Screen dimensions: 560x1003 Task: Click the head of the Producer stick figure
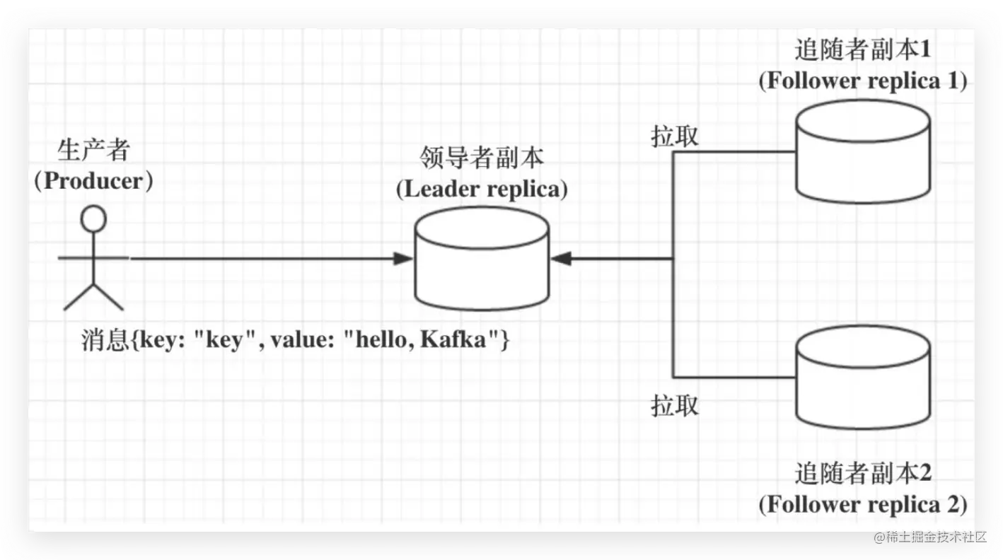[x=93, y=218]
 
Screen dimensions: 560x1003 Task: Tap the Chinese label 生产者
[x=94, y=150]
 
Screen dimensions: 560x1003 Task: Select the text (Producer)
[x=94, y=181]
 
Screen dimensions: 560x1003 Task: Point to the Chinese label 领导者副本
[x=481, y=157]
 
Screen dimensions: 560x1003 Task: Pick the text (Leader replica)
[x=482, y=189]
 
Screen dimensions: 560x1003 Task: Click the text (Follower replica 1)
[x=863, y=81]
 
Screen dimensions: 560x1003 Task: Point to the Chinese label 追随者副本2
[x=863, y=473]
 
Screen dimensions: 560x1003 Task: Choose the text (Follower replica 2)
[x=863, y=505]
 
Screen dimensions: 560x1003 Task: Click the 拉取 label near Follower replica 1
[x=675, y=136]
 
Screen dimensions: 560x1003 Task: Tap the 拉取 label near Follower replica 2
[x=675, y=405]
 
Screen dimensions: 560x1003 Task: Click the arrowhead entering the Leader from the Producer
[x=403, y=259]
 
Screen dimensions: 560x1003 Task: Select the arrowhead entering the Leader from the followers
[x=561, y=259]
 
